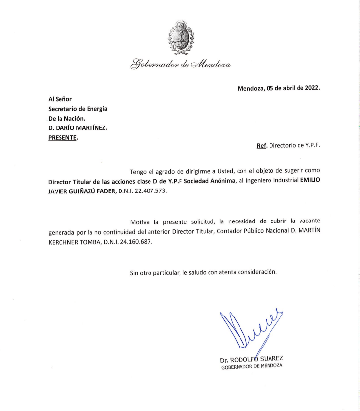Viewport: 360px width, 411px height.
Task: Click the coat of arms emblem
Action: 180,37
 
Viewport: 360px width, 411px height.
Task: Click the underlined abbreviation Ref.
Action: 261,146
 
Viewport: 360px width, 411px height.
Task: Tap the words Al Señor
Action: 60,99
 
